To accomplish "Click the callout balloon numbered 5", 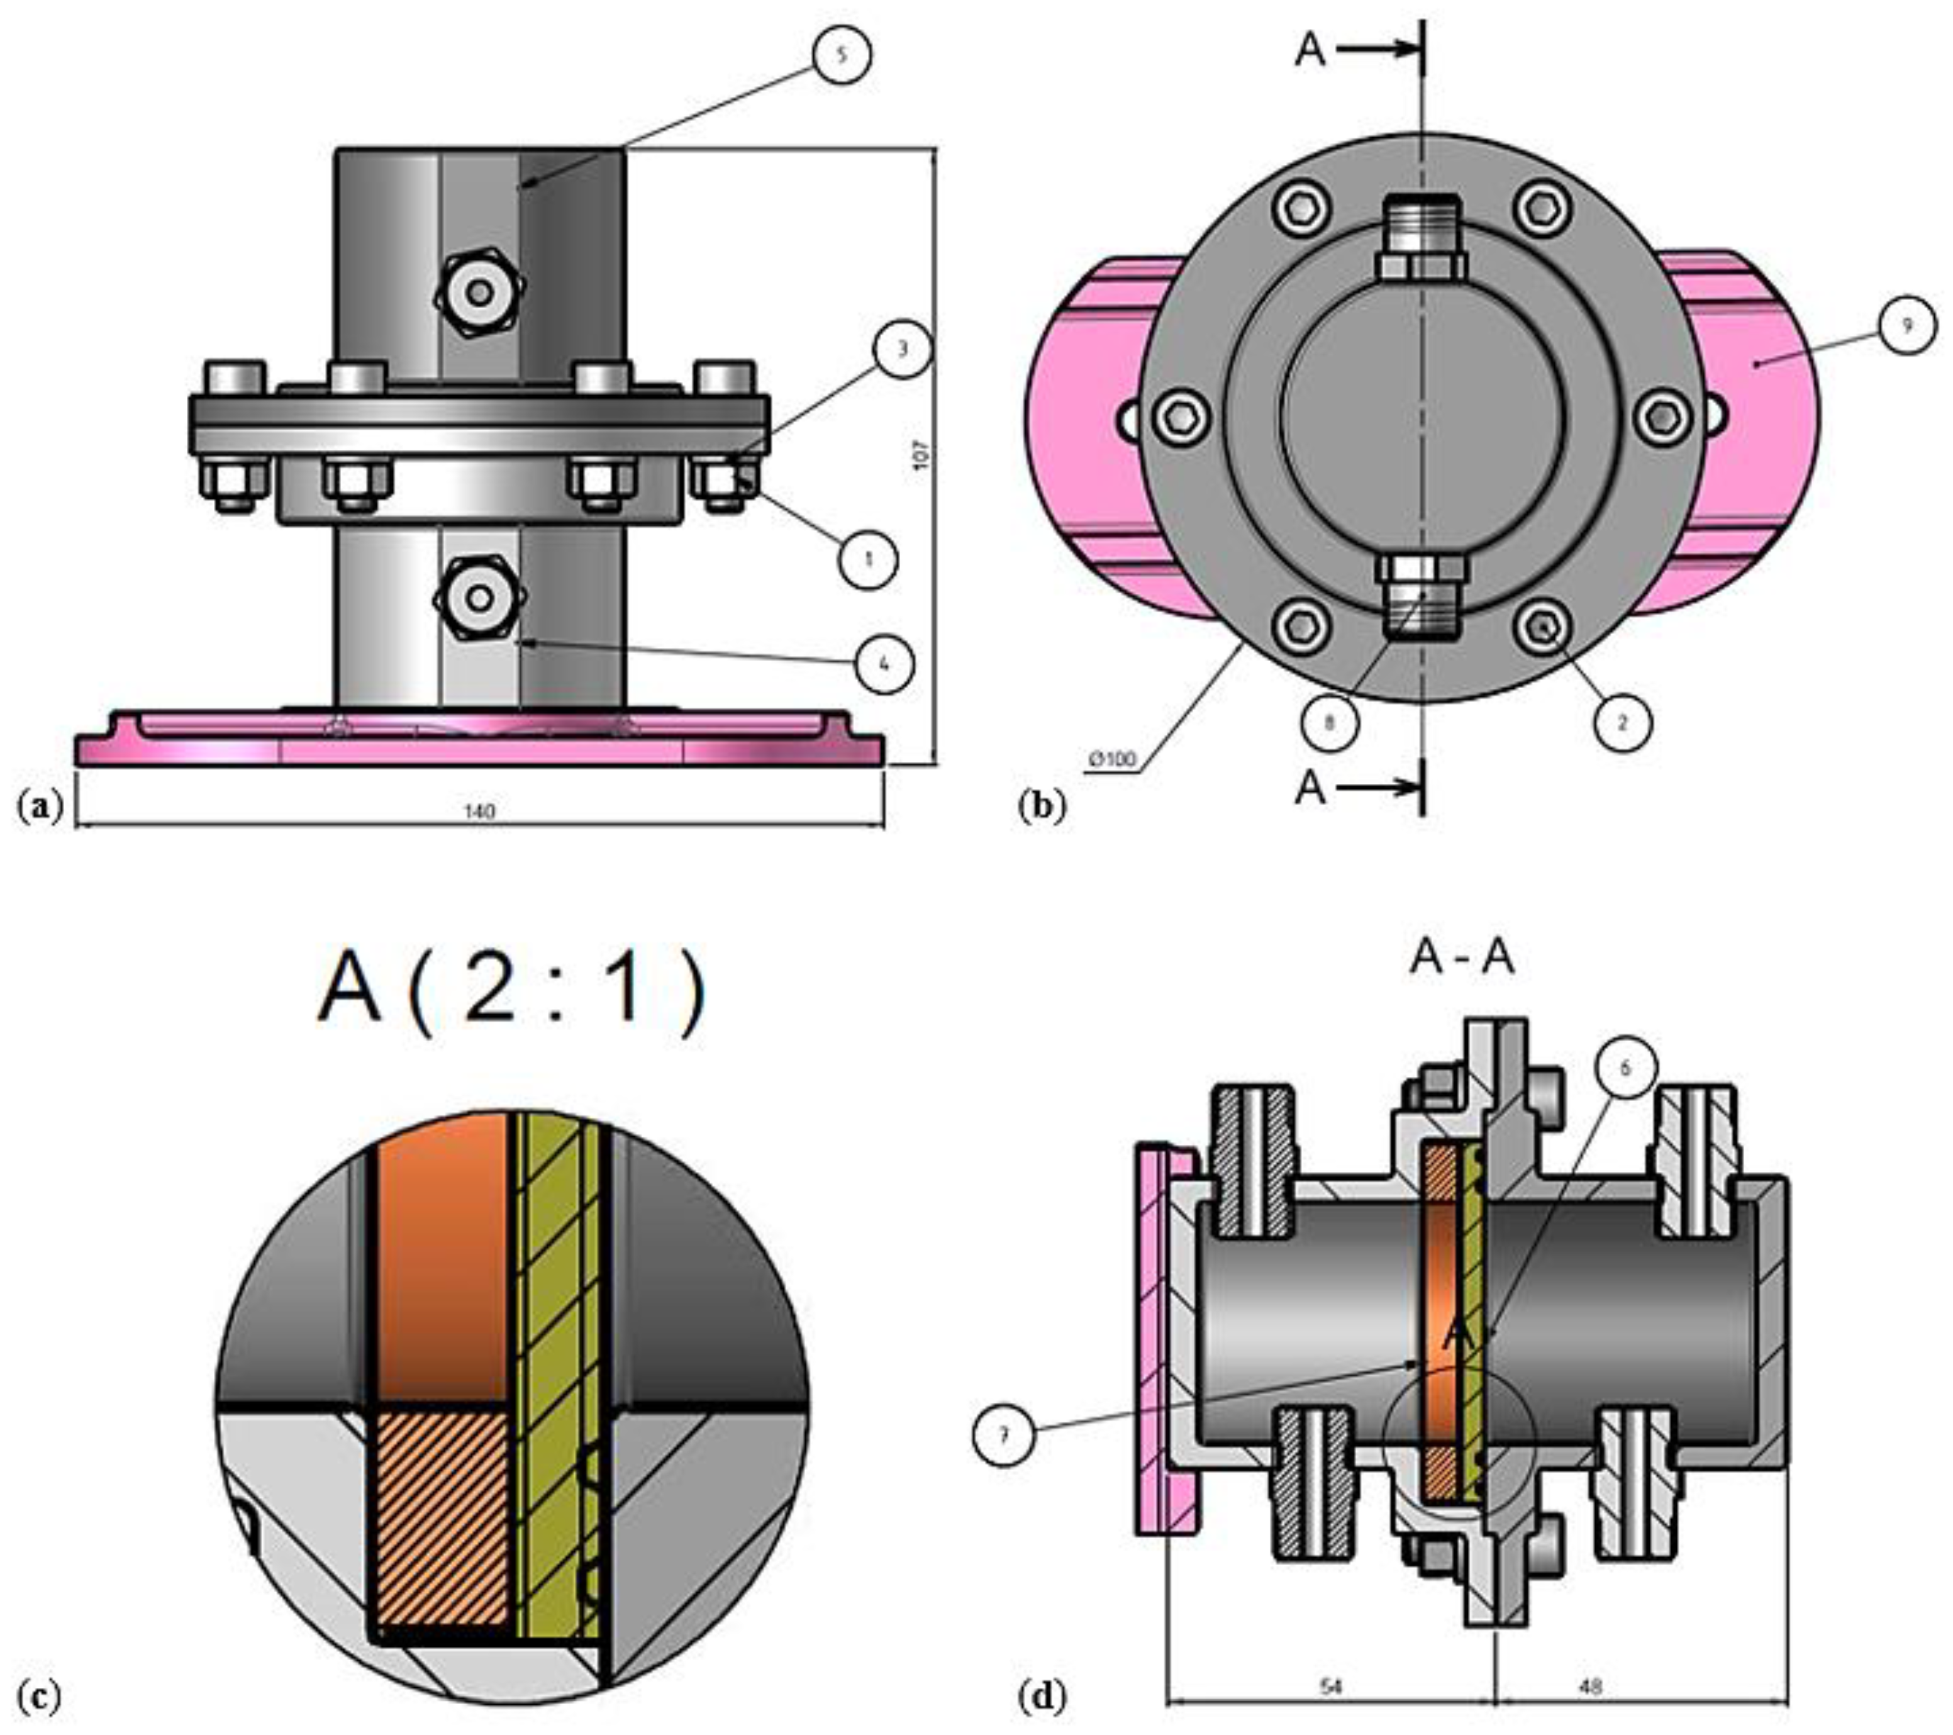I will (841, 55).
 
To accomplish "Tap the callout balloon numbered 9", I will (1907, 326).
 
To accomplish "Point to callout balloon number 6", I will (1626, 1069).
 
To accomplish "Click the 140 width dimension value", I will (480, 811).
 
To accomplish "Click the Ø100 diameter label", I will (1112, 759).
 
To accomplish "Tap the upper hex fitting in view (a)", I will (480, 291).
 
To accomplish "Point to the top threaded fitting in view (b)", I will (1422, 239).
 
